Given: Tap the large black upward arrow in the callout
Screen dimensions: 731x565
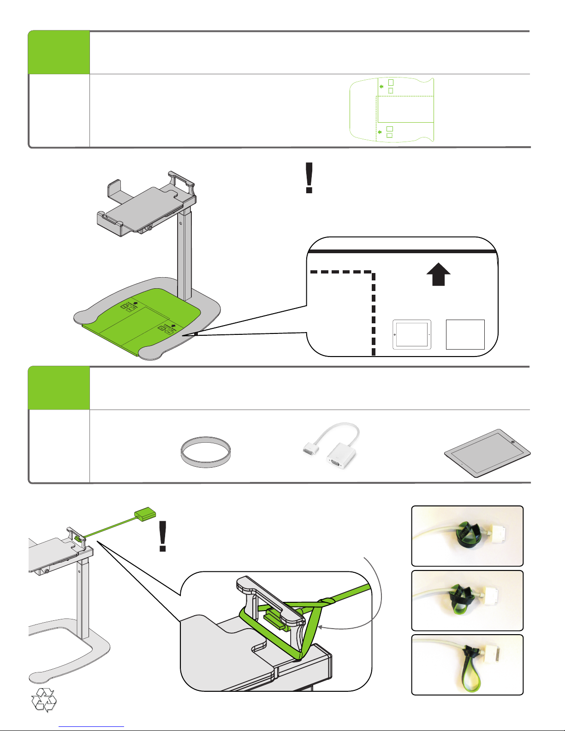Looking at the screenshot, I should pyautogui.click(x=438, y=274).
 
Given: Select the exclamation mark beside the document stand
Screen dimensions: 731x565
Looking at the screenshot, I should pyautogui.click(x=309, y=178).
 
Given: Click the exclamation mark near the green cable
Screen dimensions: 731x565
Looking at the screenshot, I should pyautogui.click(x=162, y=536).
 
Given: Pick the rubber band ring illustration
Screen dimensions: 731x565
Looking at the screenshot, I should pyautogui.click(x=205, y=452).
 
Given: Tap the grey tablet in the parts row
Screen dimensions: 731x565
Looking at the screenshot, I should pyautogui.click(x=487, y=453).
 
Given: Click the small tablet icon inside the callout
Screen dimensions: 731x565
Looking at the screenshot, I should pyautogui.click(x=412, y=334).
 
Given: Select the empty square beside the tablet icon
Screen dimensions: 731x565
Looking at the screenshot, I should pyautogui.click(x=465, y=334).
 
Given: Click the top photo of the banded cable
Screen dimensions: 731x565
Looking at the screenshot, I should pyautogui.click(x=467, y=536).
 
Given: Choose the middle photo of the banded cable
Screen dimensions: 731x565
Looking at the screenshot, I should pyautogui.click(x=467, y=600).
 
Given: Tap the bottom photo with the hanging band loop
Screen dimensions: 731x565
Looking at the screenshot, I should pyautogui.click(x=467, y=665).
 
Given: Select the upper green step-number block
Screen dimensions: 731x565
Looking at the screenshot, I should pyautogui.click(x=59, y=53).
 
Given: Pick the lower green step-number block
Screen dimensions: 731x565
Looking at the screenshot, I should pyautogui.click(x=59, y=388).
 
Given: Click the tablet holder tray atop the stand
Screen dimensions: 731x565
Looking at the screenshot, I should pyautogui.click(x=147, y=203).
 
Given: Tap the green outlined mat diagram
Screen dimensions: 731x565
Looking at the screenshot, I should pyautogui.click(x=392, y=109).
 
